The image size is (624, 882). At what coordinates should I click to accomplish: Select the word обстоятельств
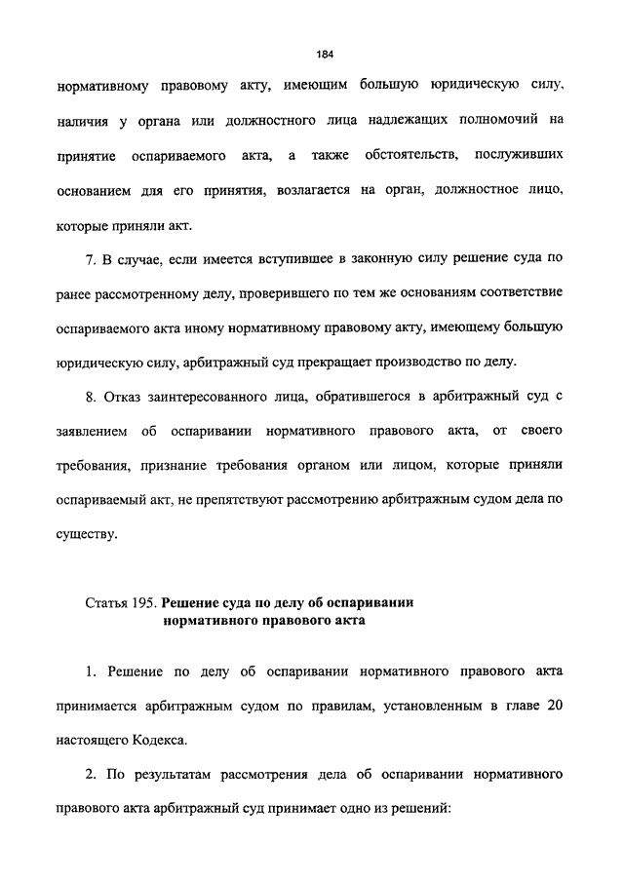(401, 155)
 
